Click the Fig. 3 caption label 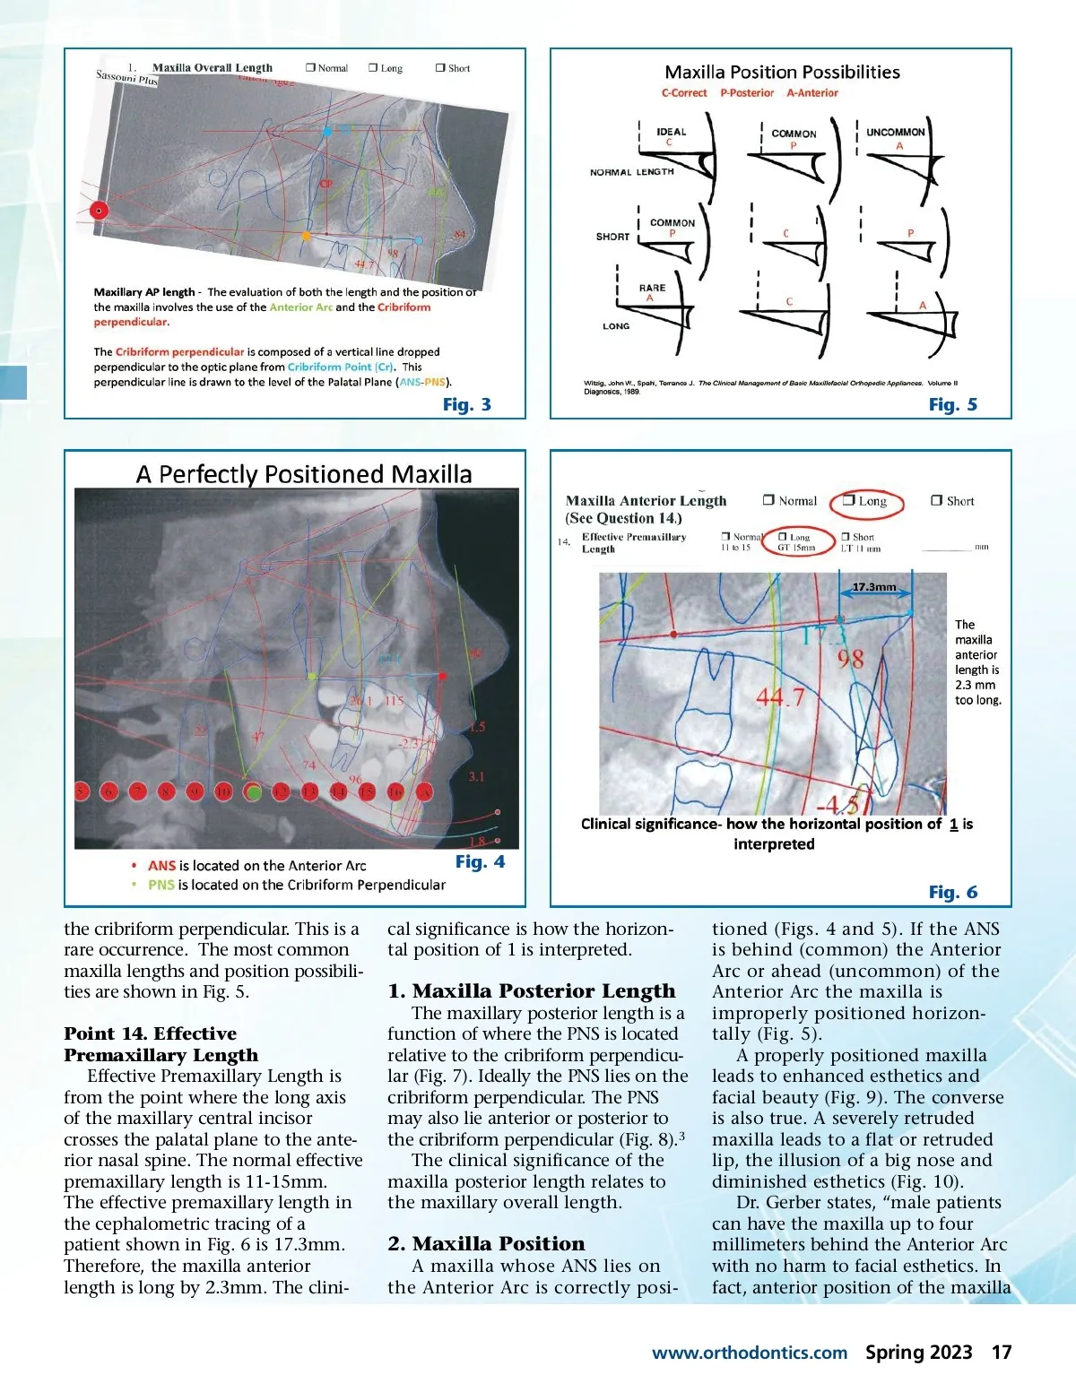[466, 404]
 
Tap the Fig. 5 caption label [952, 404]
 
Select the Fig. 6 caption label [952, 892]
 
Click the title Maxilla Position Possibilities [782, 73]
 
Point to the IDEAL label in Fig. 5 [671, 132]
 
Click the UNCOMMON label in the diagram [895, 132]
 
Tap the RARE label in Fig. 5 [652, 288]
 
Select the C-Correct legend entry [683, 93]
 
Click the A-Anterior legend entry [811, 93]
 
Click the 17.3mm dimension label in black [873, 587]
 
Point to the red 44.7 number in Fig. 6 [779, 696]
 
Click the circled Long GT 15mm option [796, 542]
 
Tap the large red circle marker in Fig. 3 [99, 211]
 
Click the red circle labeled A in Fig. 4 [424, 791]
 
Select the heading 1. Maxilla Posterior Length [531, 990]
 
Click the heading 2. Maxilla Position [486, 1243]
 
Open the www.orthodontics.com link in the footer [749, 1353]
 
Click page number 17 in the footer [1002, 1353]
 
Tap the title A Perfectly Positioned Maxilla [304, 473]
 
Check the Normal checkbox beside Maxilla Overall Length [310, 68]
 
